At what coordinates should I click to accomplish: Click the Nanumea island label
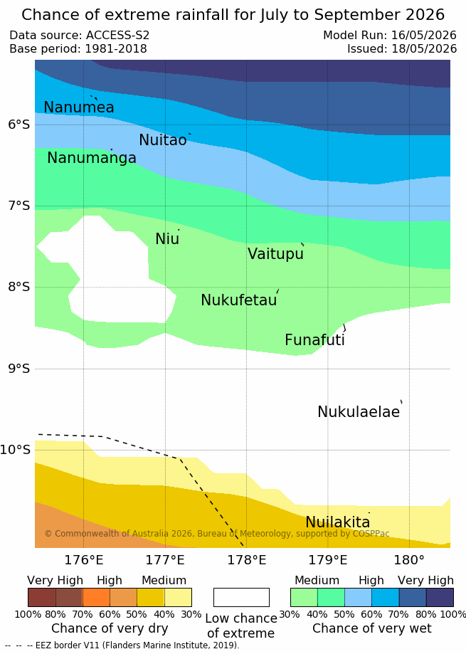coord(79,107)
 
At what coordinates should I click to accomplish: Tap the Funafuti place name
coord(314,340)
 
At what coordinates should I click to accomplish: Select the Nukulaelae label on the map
coord(359,411)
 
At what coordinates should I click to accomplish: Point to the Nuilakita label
coord(338,522)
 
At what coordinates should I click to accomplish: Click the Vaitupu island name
coord(275,253)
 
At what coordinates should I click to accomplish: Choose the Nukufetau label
coord(239,300)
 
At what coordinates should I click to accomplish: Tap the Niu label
coord(167,239)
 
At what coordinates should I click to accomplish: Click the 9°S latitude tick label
coord(19,369)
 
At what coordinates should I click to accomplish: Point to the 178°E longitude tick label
coord(246,560)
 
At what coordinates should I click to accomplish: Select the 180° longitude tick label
coord(409,560)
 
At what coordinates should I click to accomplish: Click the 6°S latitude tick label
coord(19,125)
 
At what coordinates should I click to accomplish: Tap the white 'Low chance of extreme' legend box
coord(241,597)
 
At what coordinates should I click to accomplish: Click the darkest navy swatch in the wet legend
coord(440,597)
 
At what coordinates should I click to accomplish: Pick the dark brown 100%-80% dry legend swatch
coord(42,597)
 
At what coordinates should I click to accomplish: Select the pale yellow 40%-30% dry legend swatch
coord(178,597)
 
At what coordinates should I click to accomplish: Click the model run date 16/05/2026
coord(424,35)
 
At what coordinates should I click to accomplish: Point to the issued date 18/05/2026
coord(424,49)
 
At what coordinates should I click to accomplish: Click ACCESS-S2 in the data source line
coord(117,35)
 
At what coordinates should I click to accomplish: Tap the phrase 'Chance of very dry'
coord(110,628)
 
